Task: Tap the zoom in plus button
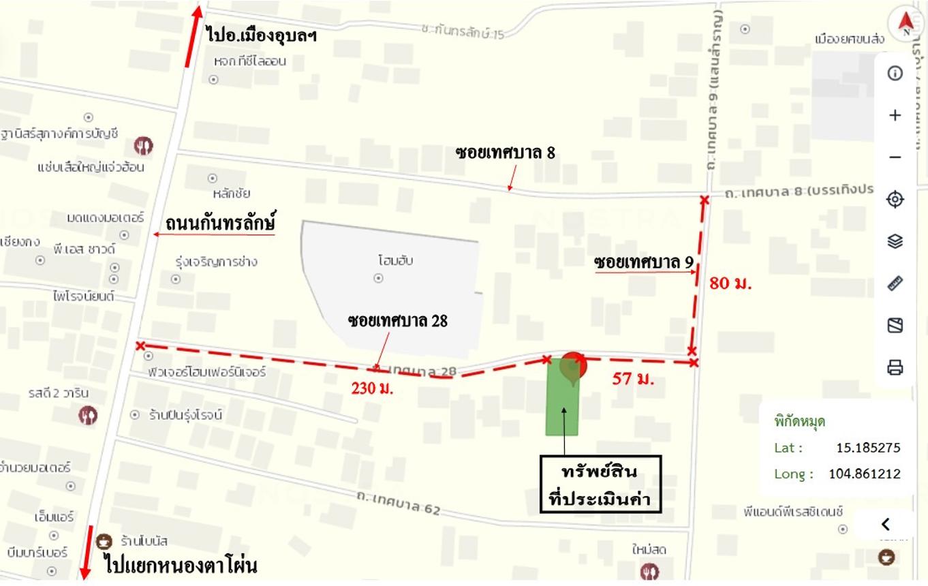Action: pyautogui.click(x=895, y=115)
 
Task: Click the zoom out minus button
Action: pyautogui.click(x=895, y=157)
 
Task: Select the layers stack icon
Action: pyautogui.click(x=895, y=241)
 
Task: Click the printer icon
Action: pyautogui.click(x=895, y=368)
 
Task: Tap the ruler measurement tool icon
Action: pyautogui.click(x=895, y=283)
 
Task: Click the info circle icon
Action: pyautogui.click(x=895, y=73)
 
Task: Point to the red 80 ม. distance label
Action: pyautogui.click(x=730, y=283)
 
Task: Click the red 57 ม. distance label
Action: pyautogui.click(x=633, y=380)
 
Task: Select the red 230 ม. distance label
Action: pyautogui.click(x=373, y=389)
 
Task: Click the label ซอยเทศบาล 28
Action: pyautogui.click(x=397, y=320)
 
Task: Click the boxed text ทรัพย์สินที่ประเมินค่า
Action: pyautogui.click(x=600, y=484)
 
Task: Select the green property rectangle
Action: pyautogui.click(x=562, y=402)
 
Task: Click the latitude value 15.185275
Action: pyautogui.click(x=868, y=448)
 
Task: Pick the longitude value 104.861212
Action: pyautogui.click(x=864, y=474)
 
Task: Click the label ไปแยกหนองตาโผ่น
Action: pyautogui.click(x=181, y=566)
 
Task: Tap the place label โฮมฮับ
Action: pyautogui.click(x=396, y=260)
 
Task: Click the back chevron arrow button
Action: pyautogui.click(x=886, y=524)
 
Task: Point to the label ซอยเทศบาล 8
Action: pyautogui.click(x=505, y=153)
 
